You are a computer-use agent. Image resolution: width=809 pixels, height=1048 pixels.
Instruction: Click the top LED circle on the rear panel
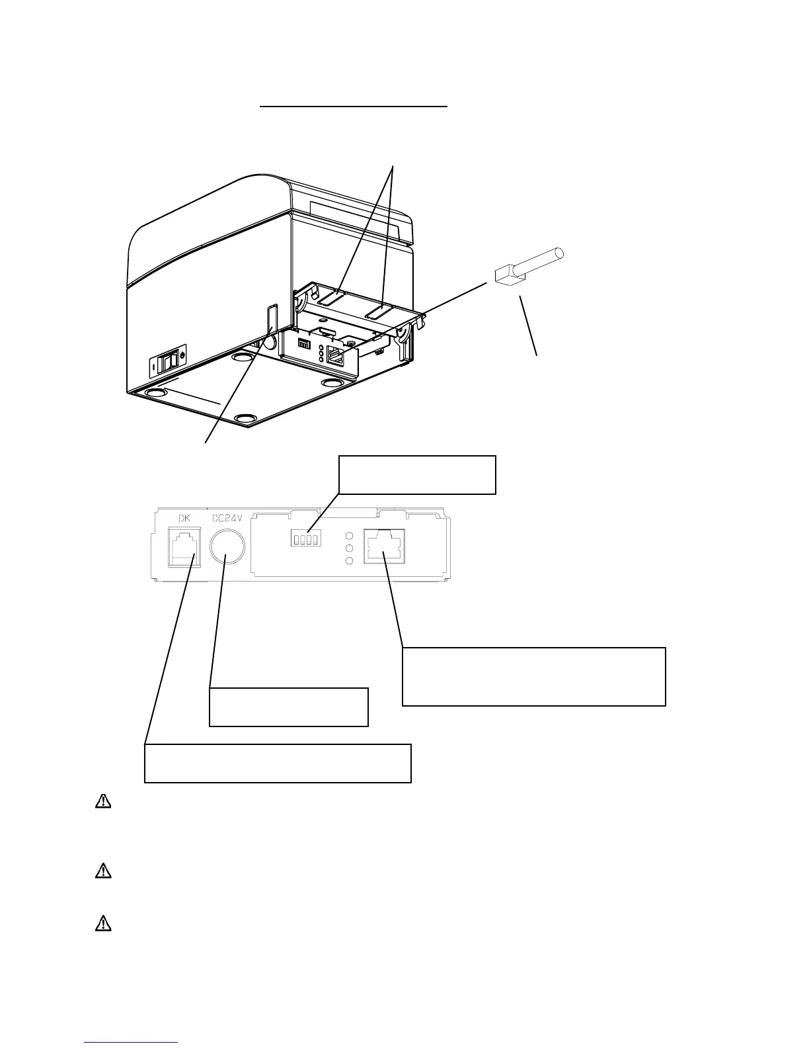(x=350, y=535)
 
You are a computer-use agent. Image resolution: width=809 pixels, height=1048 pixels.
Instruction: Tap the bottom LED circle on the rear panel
(x=350, y=561)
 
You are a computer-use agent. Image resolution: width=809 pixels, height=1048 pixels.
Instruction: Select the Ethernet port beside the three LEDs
(x=384, y=548)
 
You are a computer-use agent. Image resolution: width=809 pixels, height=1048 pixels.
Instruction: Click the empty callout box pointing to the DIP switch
(x=416, y=474)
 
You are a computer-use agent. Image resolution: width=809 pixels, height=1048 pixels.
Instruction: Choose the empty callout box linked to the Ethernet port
(x=533, y=676)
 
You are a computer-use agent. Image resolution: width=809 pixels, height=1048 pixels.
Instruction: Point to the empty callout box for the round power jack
(x=288, y=707)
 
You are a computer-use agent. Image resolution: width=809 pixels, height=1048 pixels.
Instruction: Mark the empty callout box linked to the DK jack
(x=278, y=763)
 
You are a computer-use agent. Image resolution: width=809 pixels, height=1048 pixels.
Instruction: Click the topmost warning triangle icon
(x=103, y=801)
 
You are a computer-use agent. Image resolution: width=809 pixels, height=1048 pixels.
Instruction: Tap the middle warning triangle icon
(x=103, y=871)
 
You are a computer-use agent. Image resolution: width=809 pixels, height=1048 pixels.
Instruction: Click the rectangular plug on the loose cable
(x=505, y=275)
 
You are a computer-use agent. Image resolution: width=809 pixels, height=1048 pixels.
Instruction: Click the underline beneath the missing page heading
(x=354, y=105)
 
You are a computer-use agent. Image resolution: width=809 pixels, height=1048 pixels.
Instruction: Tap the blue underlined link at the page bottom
(x=132, y=1043)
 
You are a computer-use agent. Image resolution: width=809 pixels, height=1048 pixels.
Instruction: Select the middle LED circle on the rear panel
(x=350, y=548)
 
